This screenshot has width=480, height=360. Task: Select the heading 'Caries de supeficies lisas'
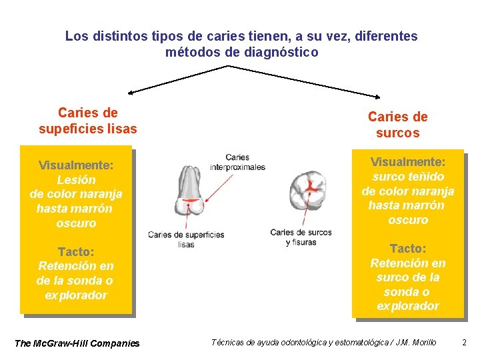(88, 121)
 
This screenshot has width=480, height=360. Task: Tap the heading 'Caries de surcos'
(397, 125)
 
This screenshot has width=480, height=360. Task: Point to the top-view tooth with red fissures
(308, 189)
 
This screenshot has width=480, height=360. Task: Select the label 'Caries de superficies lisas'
(186, 239)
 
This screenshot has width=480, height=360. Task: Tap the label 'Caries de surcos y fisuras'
(301, 237)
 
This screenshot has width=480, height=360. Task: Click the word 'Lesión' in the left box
(76, 179)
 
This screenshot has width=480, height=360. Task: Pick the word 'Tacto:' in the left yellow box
(76, 251)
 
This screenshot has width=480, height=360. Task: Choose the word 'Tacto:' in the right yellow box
(408, 248)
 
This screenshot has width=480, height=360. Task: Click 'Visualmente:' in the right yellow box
(408, 162)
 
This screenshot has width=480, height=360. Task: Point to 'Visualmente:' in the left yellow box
(76, 165)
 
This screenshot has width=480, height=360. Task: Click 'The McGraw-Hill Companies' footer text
(77, 343)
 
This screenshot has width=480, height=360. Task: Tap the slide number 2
(465, 343)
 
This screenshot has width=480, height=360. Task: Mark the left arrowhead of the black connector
(131, 91)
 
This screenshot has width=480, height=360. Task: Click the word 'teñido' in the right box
(427, 177)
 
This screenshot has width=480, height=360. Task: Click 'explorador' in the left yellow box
(76, 295)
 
